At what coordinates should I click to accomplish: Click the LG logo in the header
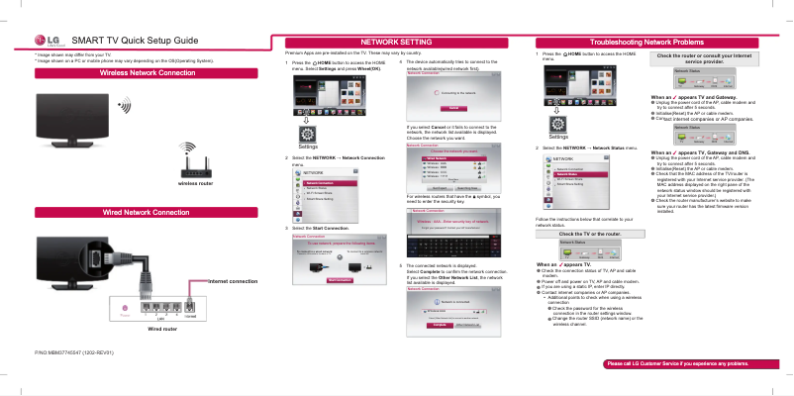(46, 40)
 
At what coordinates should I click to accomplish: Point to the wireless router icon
(195, 162)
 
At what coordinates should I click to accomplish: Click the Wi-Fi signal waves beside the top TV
(124, 106)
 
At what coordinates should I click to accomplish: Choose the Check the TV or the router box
(590, 234)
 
